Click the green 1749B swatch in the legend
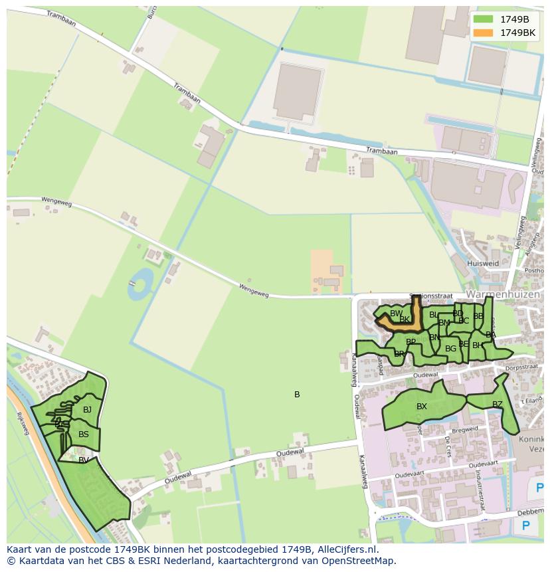tap(484, 19)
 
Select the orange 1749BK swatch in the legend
tap(484, 33)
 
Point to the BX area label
tap(422, 407)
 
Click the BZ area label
tap(498, 405)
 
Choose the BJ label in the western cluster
tap(87, 410)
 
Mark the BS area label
tap(84, 435)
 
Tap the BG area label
tap(450, 349)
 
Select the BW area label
tap(396, 314)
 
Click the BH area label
tap(477, 345)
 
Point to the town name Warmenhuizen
tap(503, 294)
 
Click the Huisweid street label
tap(483, 263)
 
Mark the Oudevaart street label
tap(409, 475)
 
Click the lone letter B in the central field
tap(297, 395)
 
